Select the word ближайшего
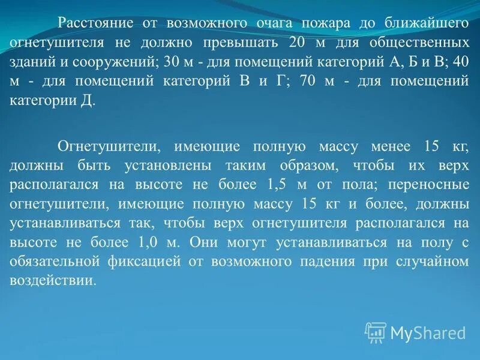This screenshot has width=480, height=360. tap(425, 24)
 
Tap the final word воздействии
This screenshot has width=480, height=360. tap(53, 281)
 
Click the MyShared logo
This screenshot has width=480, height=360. tap(416, 332)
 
